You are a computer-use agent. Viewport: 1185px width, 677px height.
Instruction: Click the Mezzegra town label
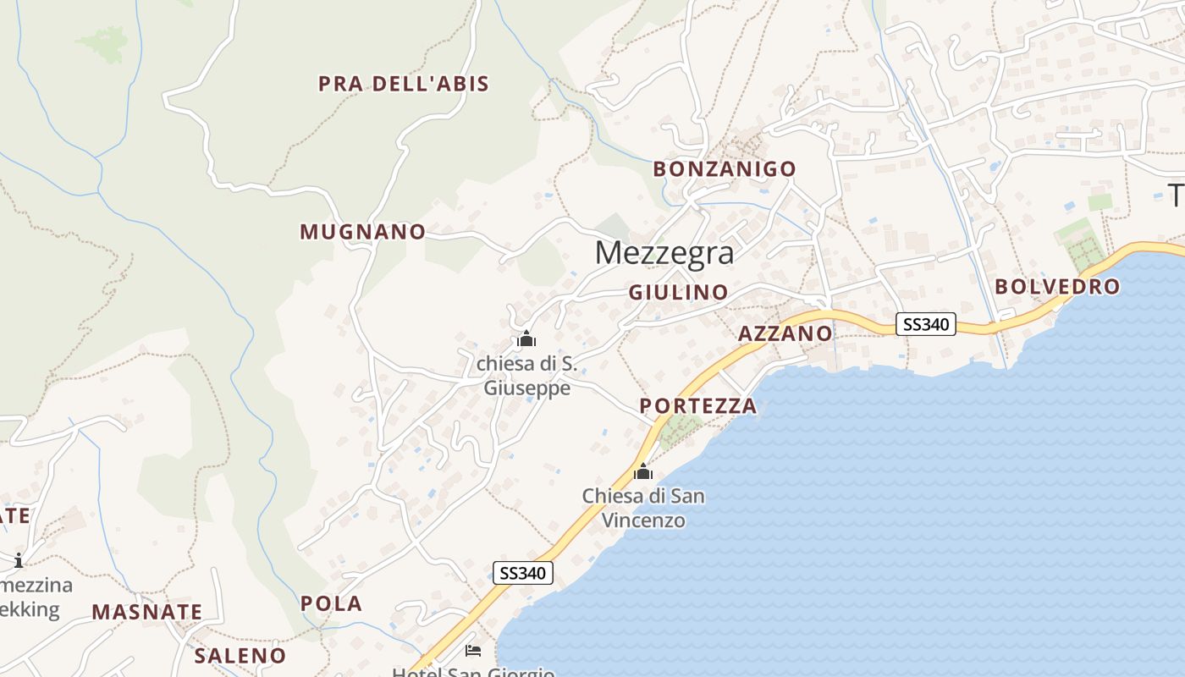tap(664, 253)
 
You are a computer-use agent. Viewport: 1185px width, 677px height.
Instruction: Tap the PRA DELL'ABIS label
tap(404, 84)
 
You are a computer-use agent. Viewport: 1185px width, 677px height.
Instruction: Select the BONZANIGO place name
tap(725, 169)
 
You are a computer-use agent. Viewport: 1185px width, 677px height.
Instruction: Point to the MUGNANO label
tap(363, 232)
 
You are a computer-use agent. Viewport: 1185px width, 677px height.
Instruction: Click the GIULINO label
tap(678, 293)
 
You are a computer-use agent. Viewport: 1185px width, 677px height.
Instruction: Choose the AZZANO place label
tap(785, 333)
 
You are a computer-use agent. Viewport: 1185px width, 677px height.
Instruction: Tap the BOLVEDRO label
tap(1057, 287)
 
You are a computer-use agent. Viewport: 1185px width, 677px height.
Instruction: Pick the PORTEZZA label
tap(698, 406)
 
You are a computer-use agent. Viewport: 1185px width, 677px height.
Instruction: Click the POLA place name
tap(332, 604)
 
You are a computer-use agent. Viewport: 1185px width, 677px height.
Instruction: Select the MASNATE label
tap(147, 612)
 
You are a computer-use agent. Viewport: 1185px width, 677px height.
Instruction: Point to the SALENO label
tap(240, 656)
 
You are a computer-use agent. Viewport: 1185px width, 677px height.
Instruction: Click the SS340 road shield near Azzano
tap(926, 324)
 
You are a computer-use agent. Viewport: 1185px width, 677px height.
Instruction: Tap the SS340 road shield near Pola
tap(523, 573)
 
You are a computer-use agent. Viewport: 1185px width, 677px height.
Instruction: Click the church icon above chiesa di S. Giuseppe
tap(526, 340)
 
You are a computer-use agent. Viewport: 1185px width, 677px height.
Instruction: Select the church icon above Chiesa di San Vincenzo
tap(643, 471)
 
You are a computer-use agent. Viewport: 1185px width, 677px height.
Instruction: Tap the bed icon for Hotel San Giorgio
tap(473, 651)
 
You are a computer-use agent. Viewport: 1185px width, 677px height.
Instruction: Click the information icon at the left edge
tap(19, 560)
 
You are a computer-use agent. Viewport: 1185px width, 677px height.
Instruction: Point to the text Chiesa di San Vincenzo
tap(643, 508)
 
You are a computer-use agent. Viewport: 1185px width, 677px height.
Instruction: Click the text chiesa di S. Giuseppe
tap(526, 376)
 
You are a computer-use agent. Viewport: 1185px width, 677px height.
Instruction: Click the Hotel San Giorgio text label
tap(473, 672)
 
